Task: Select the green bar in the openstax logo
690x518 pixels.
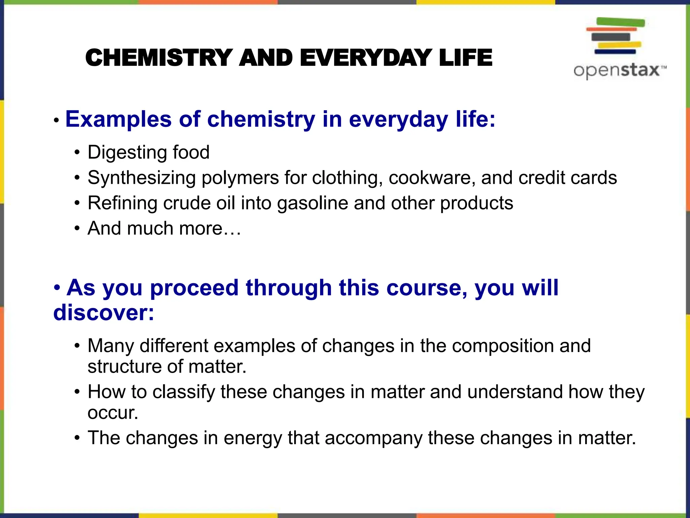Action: [621, 23]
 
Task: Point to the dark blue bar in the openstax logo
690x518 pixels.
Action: [615, 52]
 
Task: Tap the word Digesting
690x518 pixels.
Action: [127, 152]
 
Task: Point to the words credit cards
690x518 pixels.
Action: [567, 178]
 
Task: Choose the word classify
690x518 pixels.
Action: [183, 392]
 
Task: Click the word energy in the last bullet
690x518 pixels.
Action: [252, 438]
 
